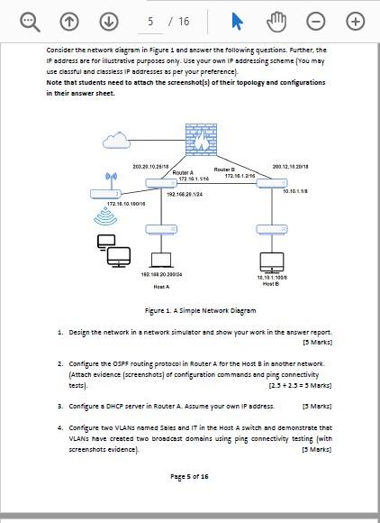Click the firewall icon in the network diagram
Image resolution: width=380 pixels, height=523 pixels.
pos(201,140)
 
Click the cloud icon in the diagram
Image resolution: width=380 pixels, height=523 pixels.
pos(116,140)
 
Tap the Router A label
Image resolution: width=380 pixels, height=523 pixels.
pos(183,172)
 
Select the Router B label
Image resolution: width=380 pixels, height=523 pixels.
pos(224,169)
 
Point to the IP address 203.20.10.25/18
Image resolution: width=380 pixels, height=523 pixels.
pos(150,167)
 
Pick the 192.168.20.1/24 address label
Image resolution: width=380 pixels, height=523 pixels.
pos(184,194)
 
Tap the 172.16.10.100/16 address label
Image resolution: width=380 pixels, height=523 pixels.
pos(126,205)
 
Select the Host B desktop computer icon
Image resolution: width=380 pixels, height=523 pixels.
pos(271,262)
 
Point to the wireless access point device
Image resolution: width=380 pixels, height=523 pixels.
pos(106,193)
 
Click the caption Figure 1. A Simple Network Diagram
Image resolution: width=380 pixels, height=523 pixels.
pos(200,310)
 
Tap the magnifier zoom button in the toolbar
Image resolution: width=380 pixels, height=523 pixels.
pos(30,21)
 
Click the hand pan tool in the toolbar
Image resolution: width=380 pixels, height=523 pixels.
pos(276,21)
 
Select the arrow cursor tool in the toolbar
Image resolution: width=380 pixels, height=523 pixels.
pos(237,21)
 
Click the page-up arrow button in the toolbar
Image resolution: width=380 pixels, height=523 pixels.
pos(69,21)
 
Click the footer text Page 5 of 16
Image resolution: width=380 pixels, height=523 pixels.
pos(189,476)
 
